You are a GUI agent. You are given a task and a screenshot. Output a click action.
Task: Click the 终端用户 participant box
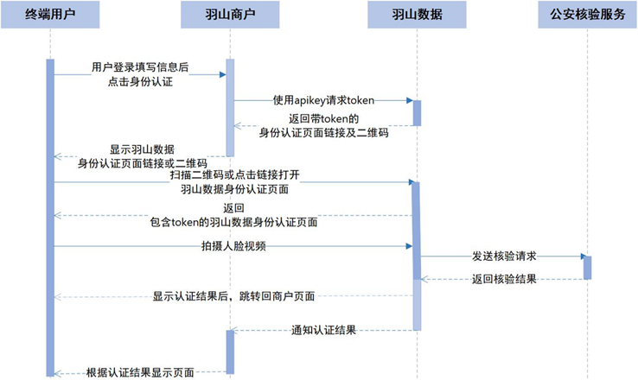click(x=50, y=15)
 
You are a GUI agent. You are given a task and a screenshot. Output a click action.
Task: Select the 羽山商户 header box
click(x=231, y=15)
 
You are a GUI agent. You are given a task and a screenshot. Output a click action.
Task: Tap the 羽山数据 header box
click(x=417, y=15)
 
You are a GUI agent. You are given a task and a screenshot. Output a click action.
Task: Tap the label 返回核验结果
click(x=505, y=280)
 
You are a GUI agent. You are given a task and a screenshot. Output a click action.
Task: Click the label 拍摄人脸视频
click(x=233, y=246)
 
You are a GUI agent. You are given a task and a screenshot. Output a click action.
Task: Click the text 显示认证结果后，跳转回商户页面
click(x=233, y=296)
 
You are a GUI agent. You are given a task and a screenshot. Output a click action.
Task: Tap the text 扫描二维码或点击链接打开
click(x=234, y=175)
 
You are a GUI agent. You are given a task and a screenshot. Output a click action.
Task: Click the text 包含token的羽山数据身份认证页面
click(x=233, y=222)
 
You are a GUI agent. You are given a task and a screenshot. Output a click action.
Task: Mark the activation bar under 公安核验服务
click(x=588, y=267)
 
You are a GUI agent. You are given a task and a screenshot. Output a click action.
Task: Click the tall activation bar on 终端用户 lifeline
click(x=50, y=216)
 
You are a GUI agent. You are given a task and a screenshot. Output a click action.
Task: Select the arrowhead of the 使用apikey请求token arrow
click(x=409, y=101)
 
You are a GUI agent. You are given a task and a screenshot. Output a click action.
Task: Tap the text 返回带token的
click(x=323, y=118)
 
